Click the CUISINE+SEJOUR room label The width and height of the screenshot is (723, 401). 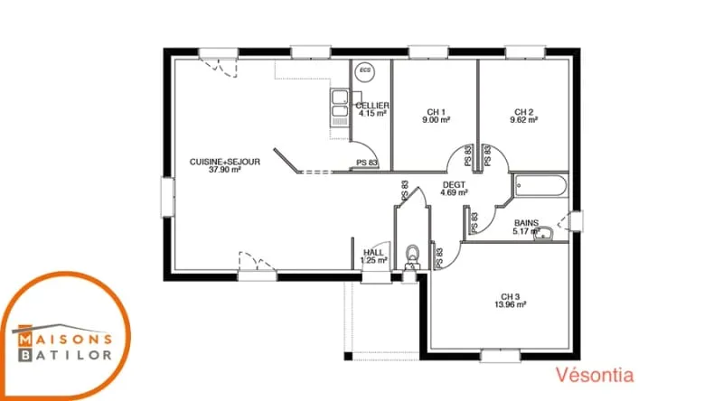tap(225, 162)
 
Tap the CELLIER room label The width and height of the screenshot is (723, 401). tap(372, 106)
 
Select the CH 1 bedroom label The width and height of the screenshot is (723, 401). tap(437, 112)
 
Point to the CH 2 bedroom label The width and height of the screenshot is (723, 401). tap(524, 112)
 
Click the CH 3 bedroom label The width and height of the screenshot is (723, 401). tap(511, 297)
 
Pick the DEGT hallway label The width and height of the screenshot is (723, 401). tap(455, 185)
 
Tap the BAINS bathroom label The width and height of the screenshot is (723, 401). tap(526, 223)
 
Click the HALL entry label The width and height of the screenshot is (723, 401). tap(373, 253)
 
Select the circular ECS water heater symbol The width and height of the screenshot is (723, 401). tap(365, 71)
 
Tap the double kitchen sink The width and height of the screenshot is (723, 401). tap(340, 107)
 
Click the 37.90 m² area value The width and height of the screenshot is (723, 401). tap(225, 170)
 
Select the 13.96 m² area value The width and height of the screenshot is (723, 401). tap(511, 304)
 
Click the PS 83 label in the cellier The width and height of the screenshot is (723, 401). tap(367, 163)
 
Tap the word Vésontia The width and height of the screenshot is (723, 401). tap(595, 375)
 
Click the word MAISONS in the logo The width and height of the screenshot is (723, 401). tap(65, 340)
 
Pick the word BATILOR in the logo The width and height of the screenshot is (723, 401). tap(65, 355)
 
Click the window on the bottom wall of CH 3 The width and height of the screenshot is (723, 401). tap(501, 356)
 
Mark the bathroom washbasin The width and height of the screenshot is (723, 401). tap(544, 233)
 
